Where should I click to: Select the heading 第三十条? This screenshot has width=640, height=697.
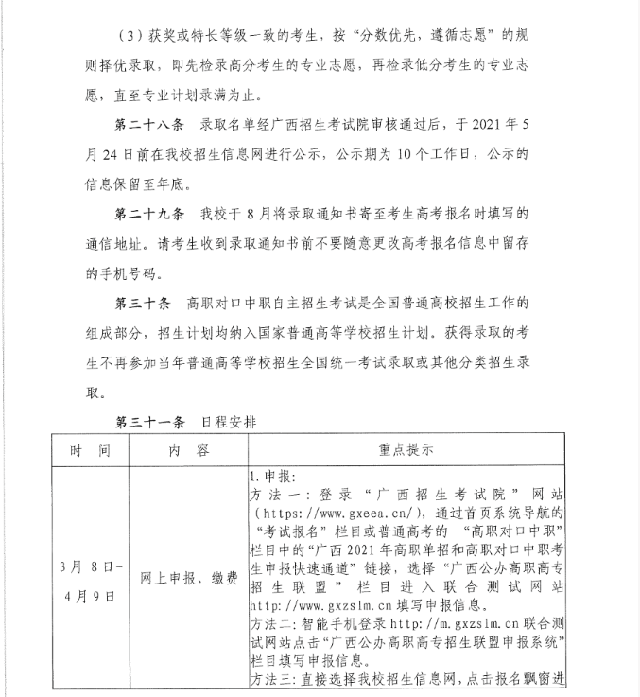click(137, 305)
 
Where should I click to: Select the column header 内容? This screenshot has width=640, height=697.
click(188, 450)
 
